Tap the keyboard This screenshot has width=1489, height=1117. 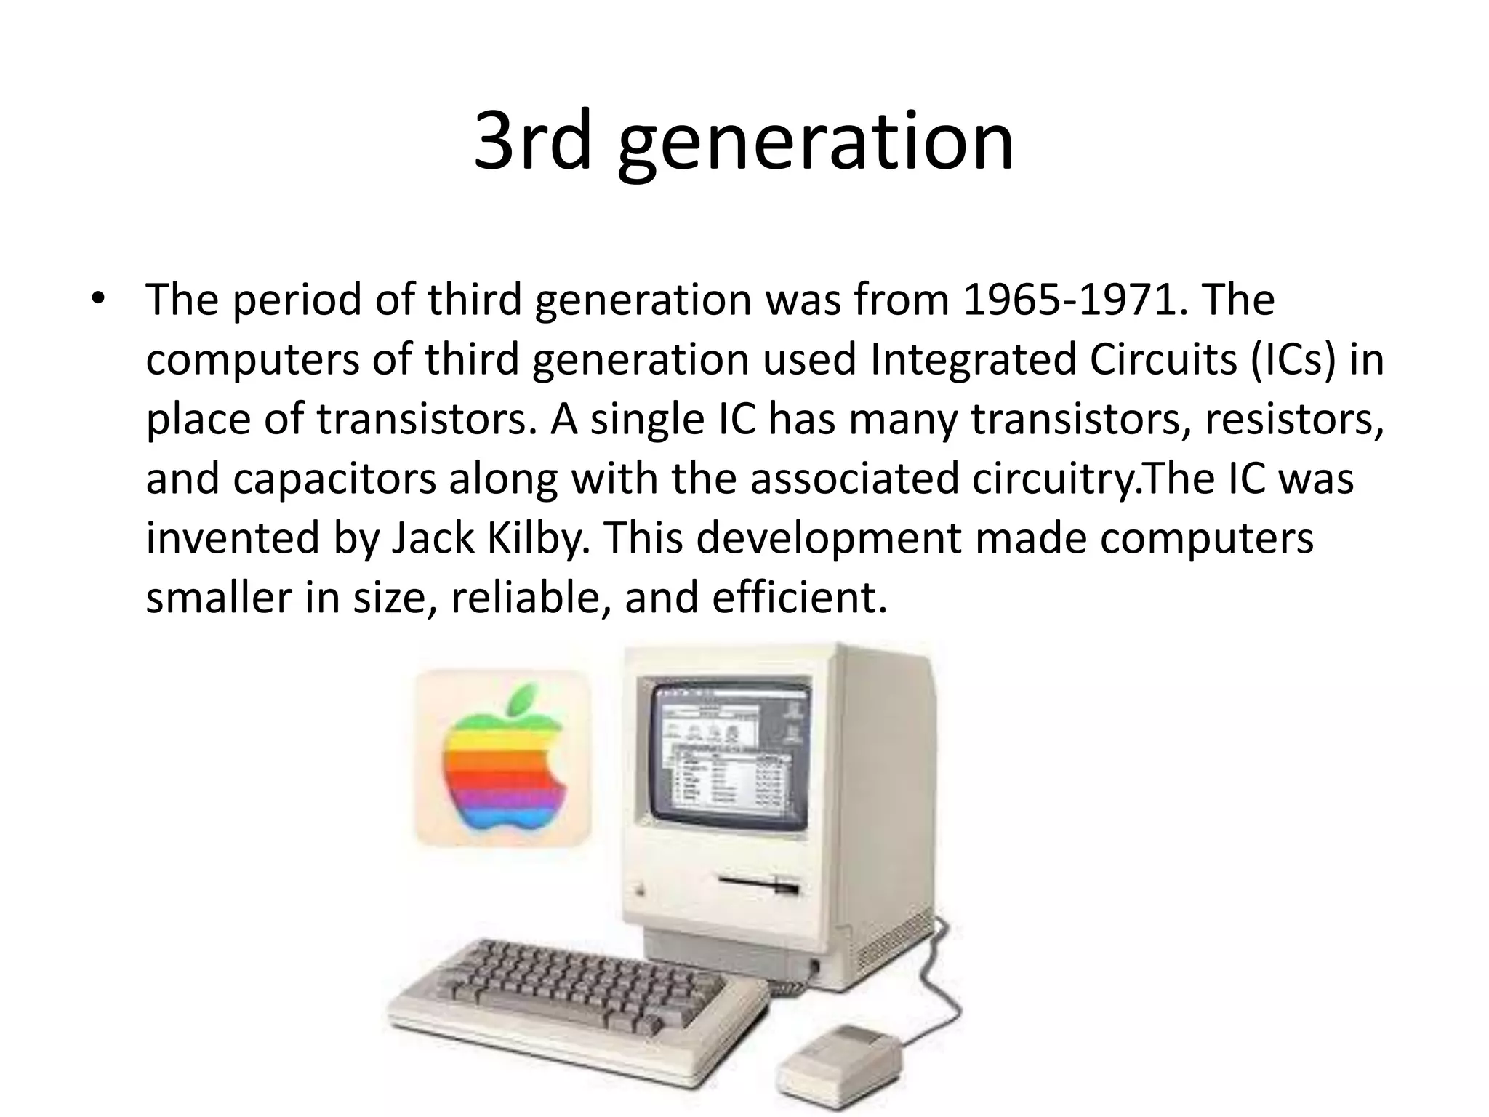577,1001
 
